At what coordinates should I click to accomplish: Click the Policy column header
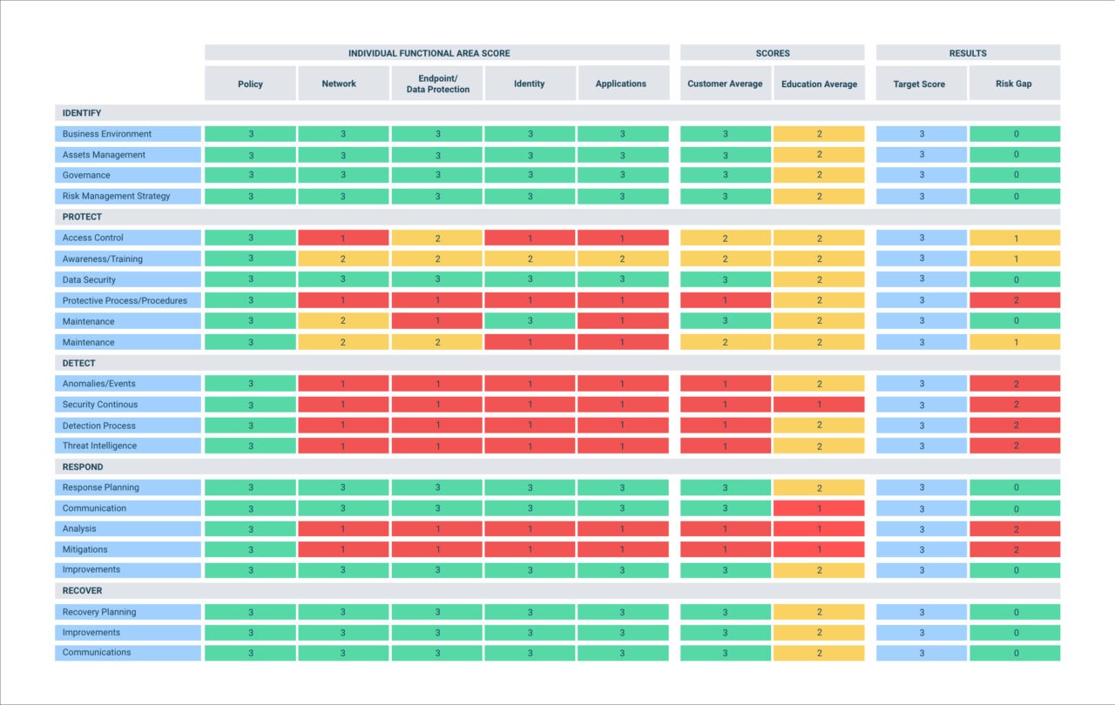tap(250, 84)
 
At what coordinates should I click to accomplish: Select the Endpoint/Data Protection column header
tap(437, 84)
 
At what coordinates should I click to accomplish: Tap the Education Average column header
tap(819, 84)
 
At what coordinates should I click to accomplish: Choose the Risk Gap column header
tap(1014, 84)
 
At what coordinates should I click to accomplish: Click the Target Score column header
tap(920, 84)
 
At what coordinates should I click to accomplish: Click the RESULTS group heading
tap(968, 53)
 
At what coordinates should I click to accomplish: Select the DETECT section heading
tap(79, 363)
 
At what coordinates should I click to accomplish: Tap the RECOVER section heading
tap(82, 591)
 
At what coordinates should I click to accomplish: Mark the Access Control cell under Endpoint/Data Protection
tap(437, 238)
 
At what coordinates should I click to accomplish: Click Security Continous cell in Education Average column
tap(819, 405)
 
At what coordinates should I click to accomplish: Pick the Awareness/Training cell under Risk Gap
tap(1014, 258)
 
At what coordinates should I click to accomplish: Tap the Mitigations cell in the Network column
tap(343, 550)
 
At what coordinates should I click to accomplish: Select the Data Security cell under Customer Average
tap(725, 279)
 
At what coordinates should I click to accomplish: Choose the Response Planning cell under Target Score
tap(921, 487)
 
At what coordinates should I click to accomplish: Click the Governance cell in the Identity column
tap(530, 176)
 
